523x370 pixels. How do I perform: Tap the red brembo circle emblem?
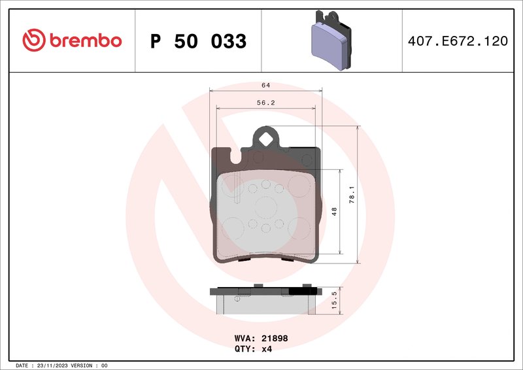pyautogui.click(x=33, y=41)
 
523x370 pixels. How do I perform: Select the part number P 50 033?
pyautogui.click(x=198, y=41)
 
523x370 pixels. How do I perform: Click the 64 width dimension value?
pyautogui.click(x=265, y=86)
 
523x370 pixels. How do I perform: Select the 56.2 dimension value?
pyautogui.click(x=265, y=102)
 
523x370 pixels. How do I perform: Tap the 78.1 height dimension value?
pyautogui.click(x=352, y=194)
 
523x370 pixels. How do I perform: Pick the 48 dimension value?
pyautogui.click(x=335, y=211)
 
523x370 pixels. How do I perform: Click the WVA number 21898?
pyautogui.click(x=275, y=339)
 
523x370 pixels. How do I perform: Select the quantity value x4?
pyautogui.click(x=267, y=349)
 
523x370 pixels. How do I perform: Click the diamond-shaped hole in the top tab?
pyautogui.click(x=266, y=139)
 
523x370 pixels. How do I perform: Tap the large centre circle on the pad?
pyautogui.click(x=266, y=207)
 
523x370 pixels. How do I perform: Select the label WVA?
pyautogui.click(x=245, y=339)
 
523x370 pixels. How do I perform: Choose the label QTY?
pyautogui.click(x=245, y=349)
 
